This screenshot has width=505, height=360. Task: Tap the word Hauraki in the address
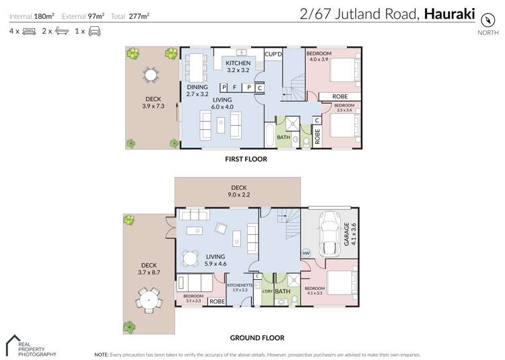448,13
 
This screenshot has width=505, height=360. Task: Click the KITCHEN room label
238,63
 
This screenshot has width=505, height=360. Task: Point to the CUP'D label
273,54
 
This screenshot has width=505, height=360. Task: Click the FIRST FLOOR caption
245,159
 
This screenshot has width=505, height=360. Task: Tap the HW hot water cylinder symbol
306,254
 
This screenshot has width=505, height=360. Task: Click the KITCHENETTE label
240,285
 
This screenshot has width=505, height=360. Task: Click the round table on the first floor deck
149,74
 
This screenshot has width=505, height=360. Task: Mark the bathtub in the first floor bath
269,134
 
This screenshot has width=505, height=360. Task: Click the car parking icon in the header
94,31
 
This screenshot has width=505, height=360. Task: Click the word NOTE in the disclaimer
101,354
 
